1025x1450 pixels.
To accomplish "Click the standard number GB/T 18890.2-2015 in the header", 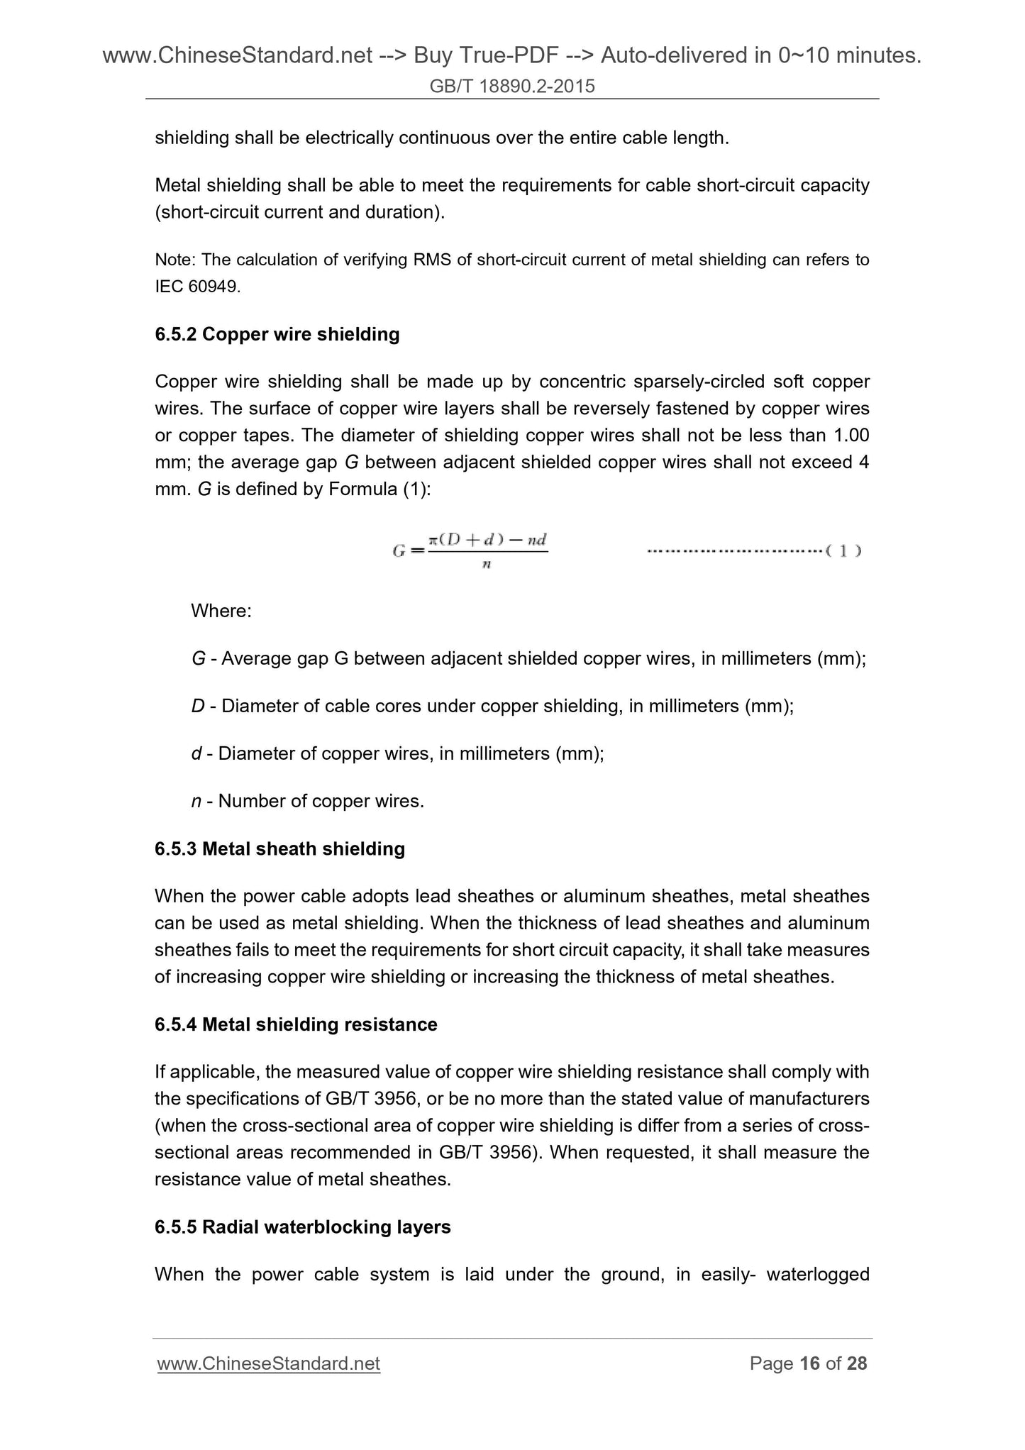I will click(512, 87).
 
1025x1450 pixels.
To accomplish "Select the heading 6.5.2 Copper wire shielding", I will click(277, 334).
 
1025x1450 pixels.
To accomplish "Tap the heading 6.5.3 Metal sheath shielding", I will click(279, 848).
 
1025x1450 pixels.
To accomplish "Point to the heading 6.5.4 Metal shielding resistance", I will click(296, 1024).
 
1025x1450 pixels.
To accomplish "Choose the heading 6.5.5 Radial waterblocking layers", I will click(302, 1227).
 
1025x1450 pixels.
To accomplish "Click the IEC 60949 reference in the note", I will click(197, 287).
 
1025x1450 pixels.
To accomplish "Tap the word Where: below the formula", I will click(221, 611).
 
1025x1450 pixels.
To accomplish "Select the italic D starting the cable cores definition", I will click(198, 706).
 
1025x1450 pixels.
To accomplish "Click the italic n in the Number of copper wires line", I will click(196, 801).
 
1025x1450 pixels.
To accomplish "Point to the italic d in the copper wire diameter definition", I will click(196, 753).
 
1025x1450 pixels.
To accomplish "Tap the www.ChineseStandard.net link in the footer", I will click(268, 1363).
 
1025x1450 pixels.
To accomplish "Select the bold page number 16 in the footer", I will click(810, 1363).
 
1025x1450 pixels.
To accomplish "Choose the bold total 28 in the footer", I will click(857, 1363).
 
